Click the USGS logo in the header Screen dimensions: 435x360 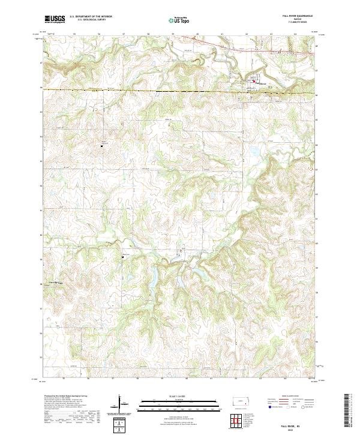click(x=55, y=19)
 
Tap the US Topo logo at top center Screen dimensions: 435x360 click(x=179, y=20)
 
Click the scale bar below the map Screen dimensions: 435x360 click(x=179, y=403)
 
